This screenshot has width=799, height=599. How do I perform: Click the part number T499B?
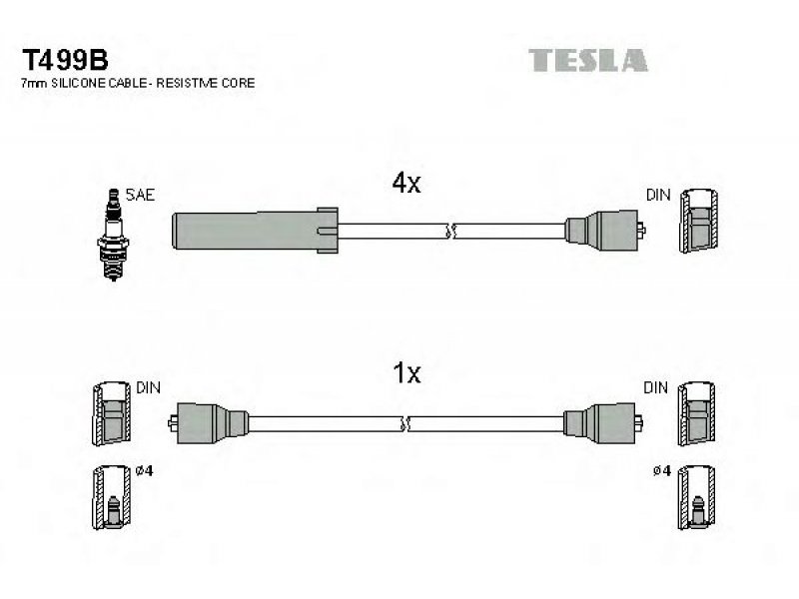(65, 60)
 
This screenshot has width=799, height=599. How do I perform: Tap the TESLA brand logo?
(587, 60)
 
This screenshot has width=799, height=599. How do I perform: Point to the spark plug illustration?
(113, 235)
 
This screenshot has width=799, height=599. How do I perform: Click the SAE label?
(140, 195)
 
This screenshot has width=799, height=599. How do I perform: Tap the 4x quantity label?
(406, 183)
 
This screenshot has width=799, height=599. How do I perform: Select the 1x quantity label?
(406, 372)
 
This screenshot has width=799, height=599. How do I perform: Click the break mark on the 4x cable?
(450, 231)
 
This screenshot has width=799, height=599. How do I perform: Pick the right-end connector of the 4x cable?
(605, 231)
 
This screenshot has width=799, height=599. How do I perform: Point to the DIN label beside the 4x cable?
(658, 195)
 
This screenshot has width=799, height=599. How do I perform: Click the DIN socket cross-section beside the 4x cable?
(698, 221)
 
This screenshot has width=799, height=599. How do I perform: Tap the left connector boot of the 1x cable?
(209, 423)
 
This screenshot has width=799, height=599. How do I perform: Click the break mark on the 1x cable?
(406, 423)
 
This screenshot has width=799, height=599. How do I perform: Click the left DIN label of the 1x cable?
(148, 387)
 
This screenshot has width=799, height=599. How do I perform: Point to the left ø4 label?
(145, 470)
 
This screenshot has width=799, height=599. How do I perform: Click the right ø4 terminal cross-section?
(696, 497)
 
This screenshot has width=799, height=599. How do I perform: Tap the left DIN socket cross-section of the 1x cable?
(112, 413)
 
